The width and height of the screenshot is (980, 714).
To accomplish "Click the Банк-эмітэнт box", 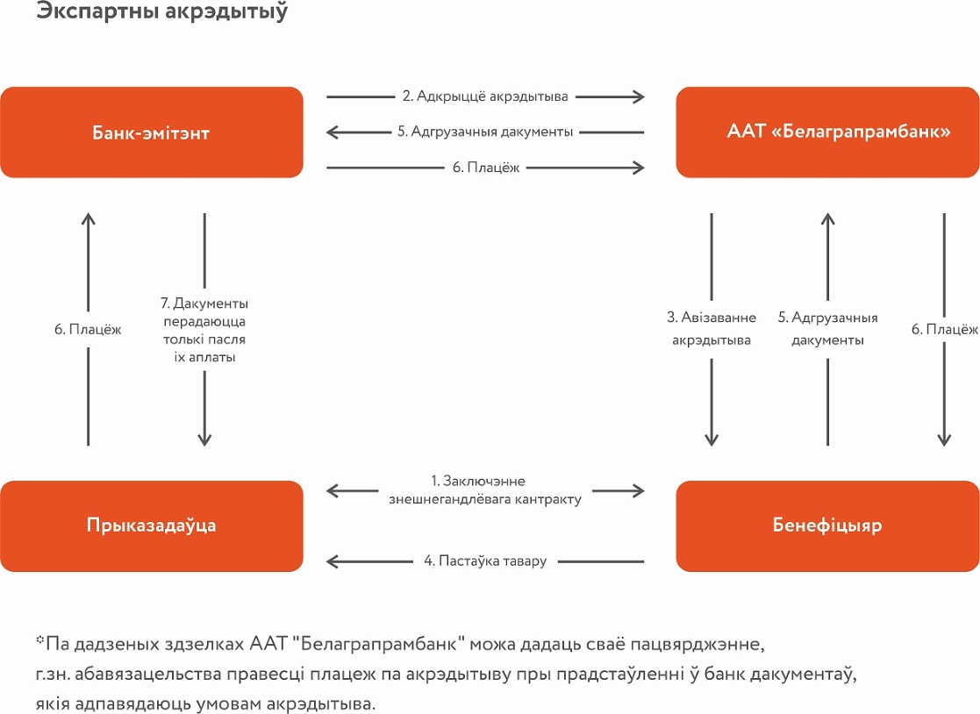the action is pyautogui.click(x=152, y=132).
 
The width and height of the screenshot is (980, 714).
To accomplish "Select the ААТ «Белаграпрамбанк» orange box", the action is pyautogui.click(x=827, y=132).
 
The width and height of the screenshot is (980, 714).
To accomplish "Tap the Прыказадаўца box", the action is pyautogui.click(x=152, y=526).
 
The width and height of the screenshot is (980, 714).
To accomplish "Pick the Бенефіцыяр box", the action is pyautogui.click(x=827, y=526).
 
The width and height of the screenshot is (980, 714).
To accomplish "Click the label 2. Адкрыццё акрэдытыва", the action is pyautogui.click(x=485, y=96).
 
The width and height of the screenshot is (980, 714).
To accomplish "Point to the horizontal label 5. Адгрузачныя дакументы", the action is pyautogui.click(x=485, y=132).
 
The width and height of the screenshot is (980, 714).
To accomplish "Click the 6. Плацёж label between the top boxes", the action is pyautogui.click(x=486, y=168).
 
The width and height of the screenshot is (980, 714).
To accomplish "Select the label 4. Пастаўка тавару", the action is pyautogui.click(x=485, y=561).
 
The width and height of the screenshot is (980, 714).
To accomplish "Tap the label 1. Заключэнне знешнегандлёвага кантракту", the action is pyautogui.click(x=485, y=490).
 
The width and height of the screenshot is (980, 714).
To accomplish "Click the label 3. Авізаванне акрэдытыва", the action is pyautogui.click(x=712, y=329).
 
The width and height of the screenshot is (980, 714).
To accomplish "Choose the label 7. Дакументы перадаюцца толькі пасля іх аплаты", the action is pyautogui.click(x=204, y=330).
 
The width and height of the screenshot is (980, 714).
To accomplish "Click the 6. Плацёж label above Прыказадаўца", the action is pyautogui.click(x=88, y=329).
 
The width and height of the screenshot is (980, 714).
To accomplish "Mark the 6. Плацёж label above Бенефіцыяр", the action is pyautogui.click(x=944, y=329).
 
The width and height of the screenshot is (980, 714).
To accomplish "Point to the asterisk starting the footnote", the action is pyautogui.click(x=40, y=639).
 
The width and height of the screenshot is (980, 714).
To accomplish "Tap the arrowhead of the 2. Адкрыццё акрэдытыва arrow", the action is pyautogui.click(x=638, y=96).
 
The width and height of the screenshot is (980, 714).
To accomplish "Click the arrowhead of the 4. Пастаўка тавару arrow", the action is pyautogui.click(x=333, y=561).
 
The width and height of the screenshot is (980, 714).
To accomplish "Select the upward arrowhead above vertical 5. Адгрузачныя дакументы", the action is pyautogui.click(x=828, y=219).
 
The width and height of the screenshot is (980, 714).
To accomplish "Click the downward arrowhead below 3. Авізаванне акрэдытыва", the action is pyautogui.click(x=712, y=439).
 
